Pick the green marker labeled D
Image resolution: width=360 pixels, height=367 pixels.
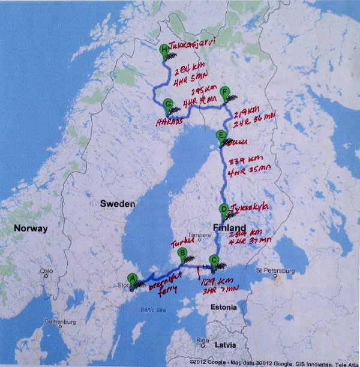(224, 209)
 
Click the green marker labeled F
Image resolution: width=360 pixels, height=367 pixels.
(225, 92)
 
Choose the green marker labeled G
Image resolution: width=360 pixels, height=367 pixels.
(167, 104)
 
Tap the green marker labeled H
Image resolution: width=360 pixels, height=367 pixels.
(165, 51)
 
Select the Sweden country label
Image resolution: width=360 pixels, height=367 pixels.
(118, 203)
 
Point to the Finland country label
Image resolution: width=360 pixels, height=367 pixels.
(229, 228)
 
